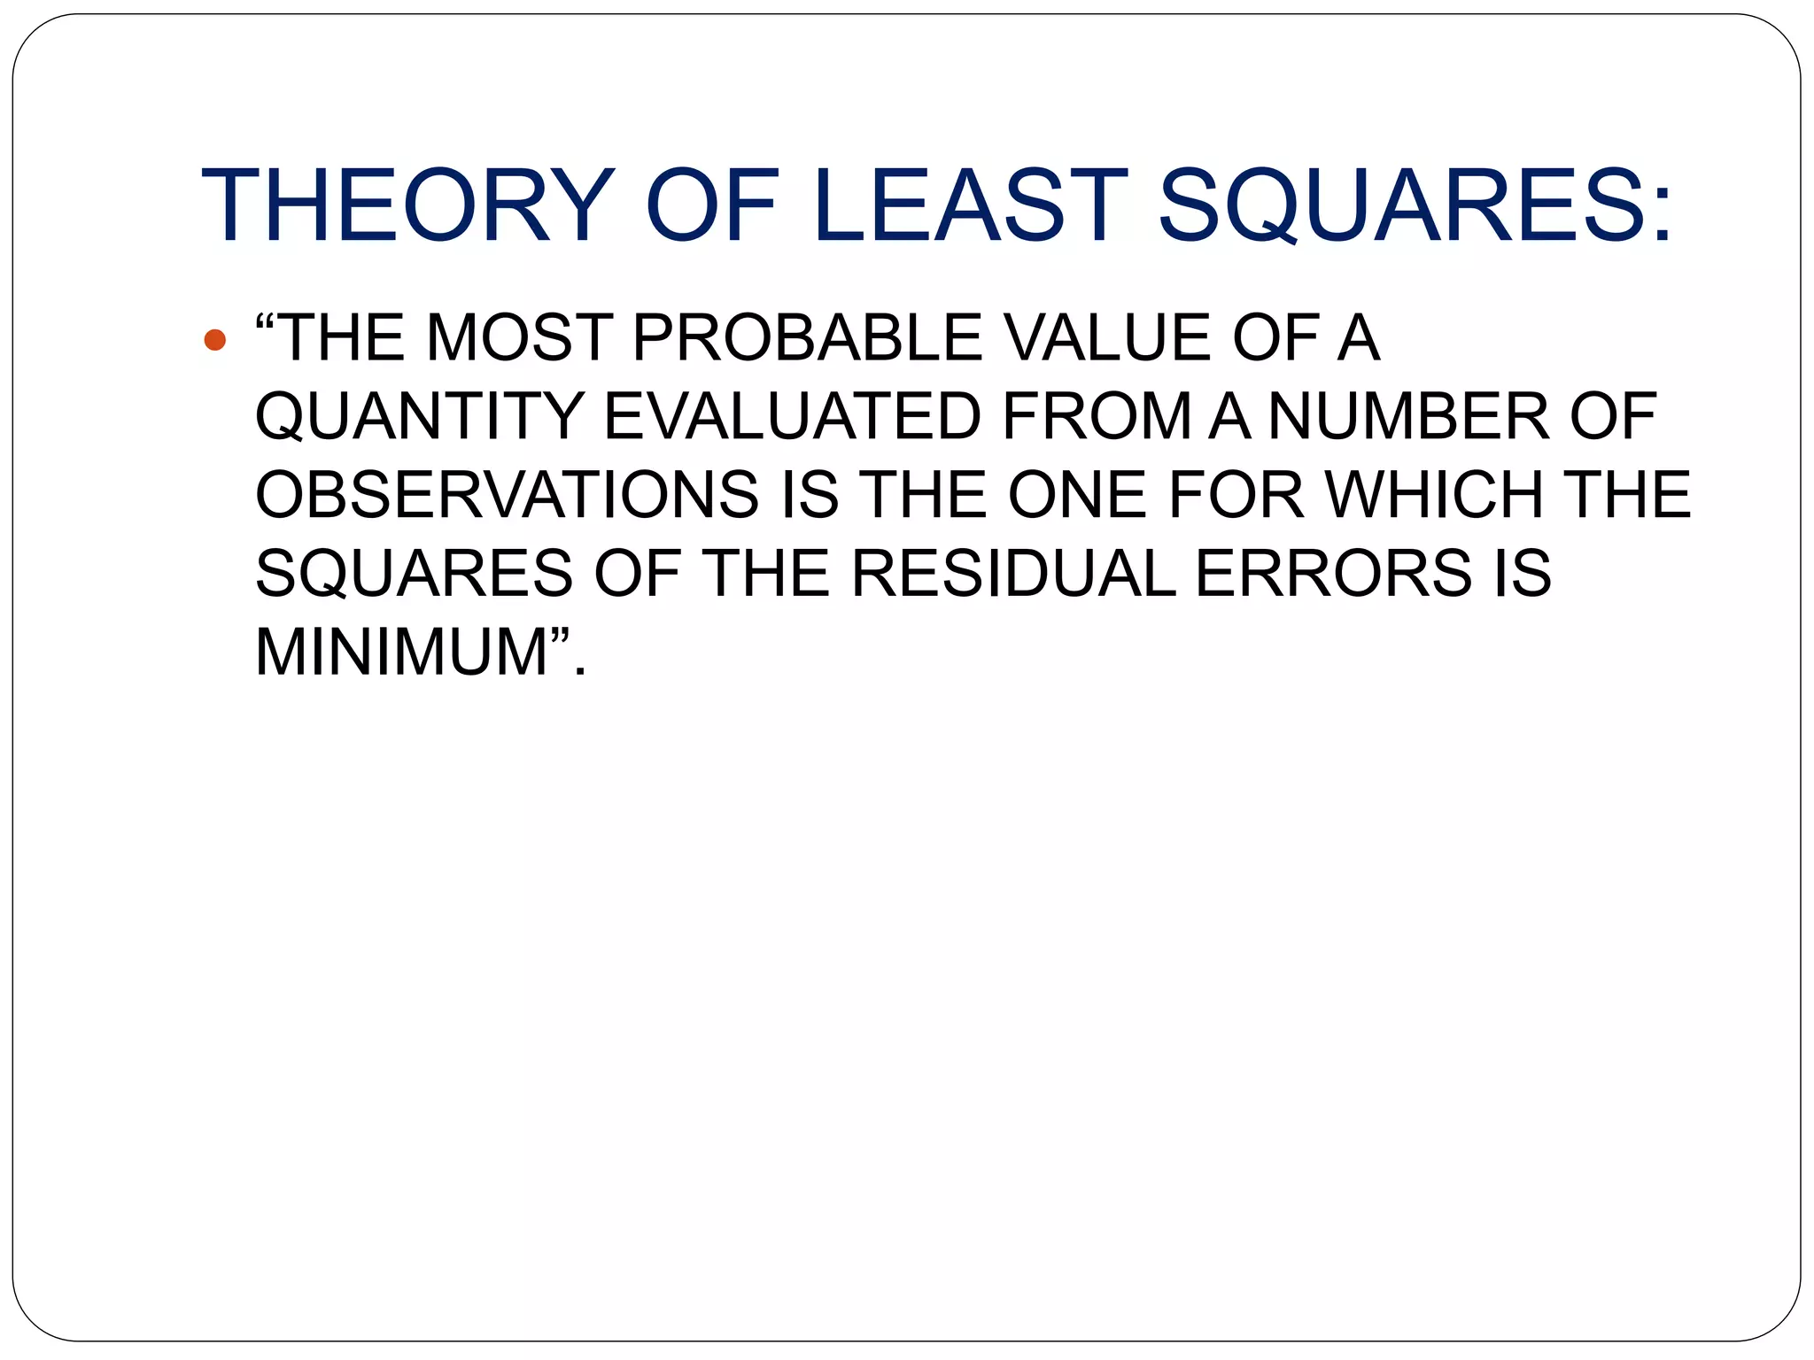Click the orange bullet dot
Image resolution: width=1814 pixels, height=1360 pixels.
pos(214,339)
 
